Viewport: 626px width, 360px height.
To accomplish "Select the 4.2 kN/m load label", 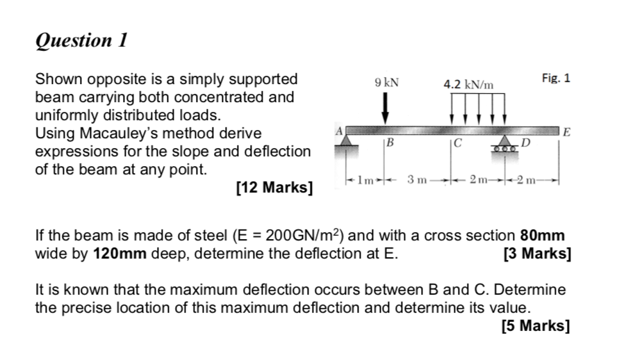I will point(469,84).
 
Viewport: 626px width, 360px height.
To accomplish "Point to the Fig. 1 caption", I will point(556,79).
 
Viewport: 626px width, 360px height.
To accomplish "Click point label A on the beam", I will point(340,129).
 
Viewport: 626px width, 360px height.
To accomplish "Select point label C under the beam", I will point(456,144).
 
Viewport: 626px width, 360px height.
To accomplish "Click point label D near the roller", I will point(525,144).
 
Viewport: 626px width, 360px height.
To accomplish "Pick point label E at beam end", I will point(566,131).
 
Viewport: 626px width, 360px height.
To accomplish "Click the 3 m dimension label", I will point(417,182).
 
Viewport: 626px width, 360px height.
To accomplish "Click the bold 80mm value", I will point(542,235).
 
